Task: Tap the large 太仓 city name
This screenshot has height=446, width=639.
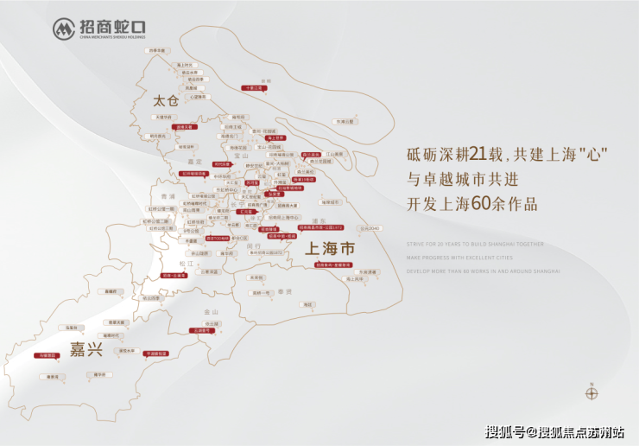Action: point(164,101)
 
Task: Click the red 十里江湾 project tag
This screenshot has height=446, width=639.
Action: point(252,88)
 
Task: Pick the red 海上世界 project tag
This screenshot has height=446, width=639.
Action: point(276,137)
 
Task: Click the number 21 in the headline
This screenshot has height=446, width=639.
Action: point(482,156)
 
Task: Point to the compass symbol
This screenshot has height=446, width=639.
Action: point(592,393)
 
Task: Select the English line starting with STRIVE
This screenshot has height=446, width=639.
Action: point(475,244)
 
